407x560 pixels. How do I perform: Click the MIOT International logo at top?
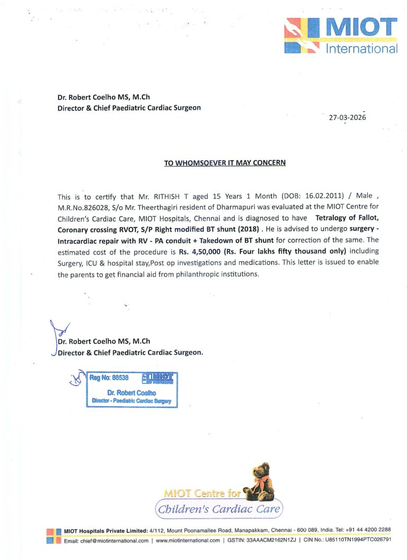click(x=341, y=36)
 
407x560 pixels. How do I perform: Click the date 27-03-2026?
click(x=347, y=118)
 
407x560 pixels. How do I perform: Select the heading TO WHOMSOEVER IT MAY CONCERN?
click(x=225, y=163)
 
